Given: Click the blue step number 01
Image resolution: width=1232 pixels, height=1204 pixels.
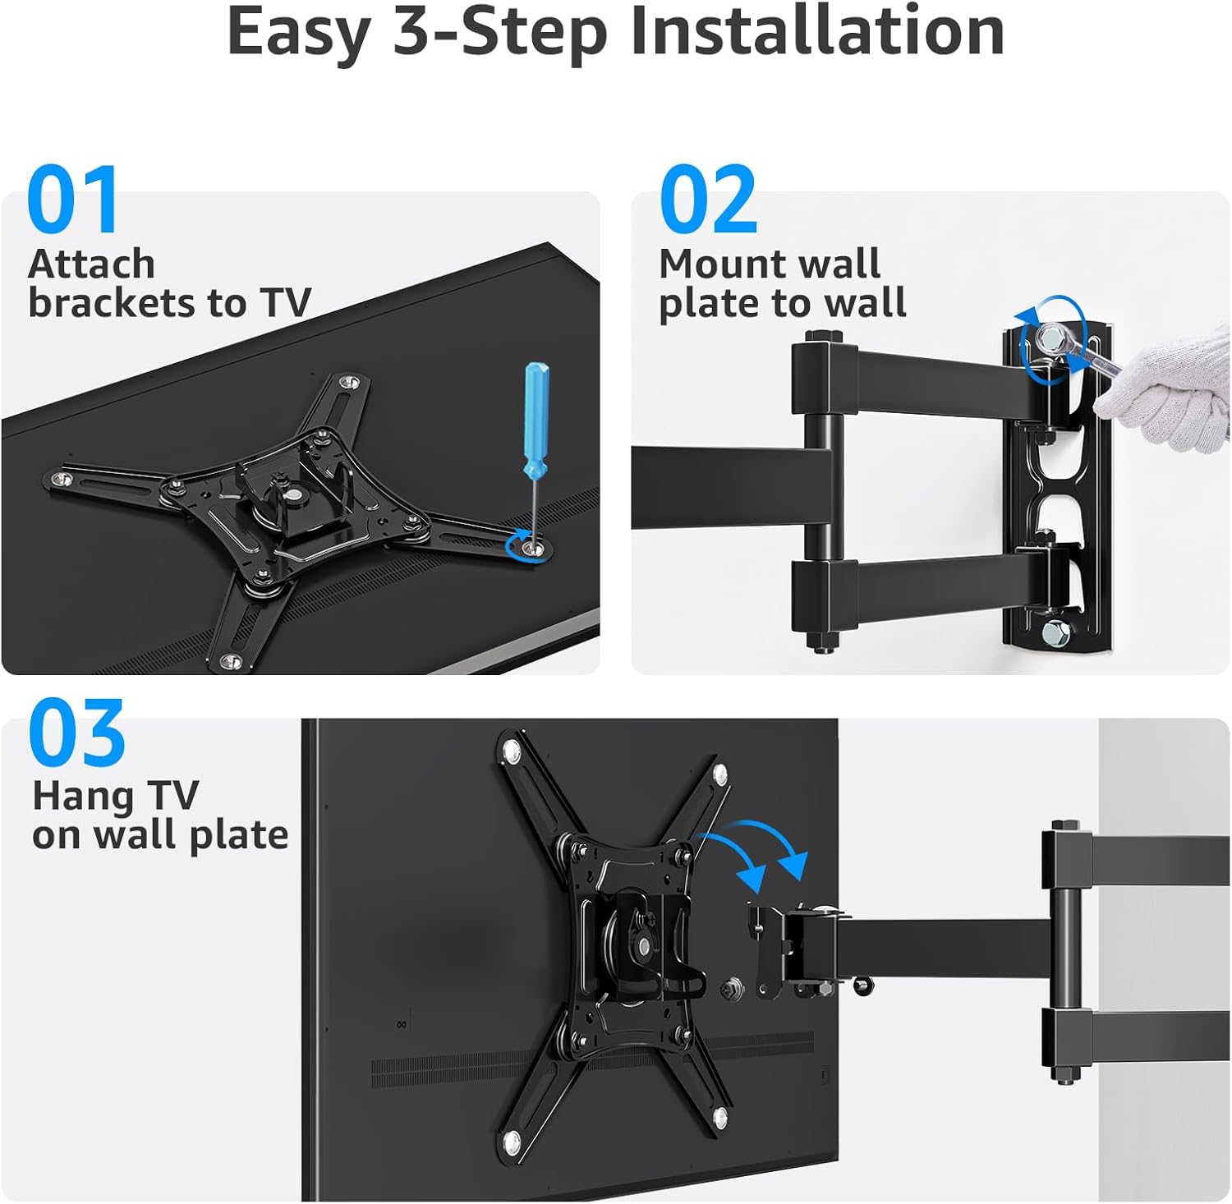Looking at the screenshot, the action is (x=73, y=200).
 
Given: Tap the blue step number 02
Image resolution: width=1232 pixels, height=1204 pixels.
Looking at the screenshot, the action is (x=708, y=200).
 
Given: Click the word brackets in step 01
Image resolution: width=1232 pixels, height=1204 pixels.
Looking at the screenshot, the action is (x=113, y=303).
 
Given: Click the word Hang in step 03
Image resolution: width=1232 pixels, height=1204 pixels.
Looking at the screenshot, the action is (x=83, y=797).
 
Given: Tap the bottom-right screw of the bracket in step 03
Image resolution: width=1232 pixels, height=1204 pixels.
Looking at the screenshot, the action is (x=720, y=1116).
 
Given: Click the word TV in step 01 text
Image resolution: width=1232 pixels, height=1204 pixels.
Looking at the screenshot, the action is (x=286, y=303).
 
